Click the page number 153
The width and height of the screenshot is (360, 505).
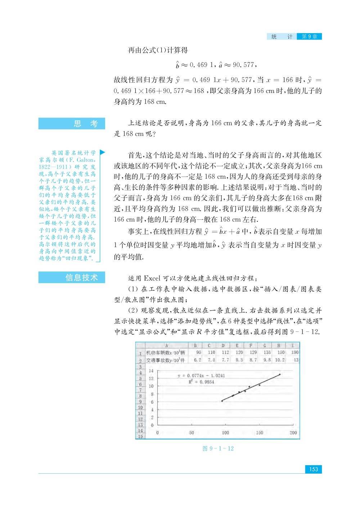click(313, 469)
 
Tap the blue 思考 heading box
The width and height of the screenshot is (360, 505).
click(72, 124)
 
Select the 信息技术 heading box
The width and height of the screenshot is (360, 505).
click(72, 277)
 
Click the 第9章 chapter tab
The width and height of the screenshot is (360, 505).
click(309, 36)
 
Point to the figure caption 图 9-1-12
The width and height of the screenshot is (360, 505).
click(218, 448)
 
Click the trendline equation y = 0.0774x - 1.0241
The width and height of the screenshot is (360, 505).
click(201, 375)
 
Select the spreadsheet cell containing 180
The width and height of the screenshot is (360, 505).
click(294, 352)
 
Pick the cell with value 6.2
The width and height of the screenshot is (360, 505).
click(198, 359)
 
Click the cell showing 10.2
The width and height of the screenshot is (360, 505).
click(280, 359)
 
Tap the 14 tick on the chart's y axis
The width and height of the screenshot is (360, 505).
click(151, 371)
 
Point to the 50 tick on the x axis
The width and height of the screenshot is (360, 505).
click(192, 433)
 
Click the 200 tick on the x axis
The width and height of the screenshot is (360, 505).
click(293, 433)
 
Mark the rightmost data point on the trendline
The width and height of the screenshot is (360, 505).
click(280, 375)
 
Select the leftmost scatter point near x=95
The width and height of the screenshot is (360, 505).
click(222, 401)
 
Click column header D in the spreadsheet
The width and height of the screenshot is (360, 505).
click(223, 345)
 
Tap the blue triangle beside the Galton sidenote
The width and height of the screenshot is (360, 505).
click(102, 153)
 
